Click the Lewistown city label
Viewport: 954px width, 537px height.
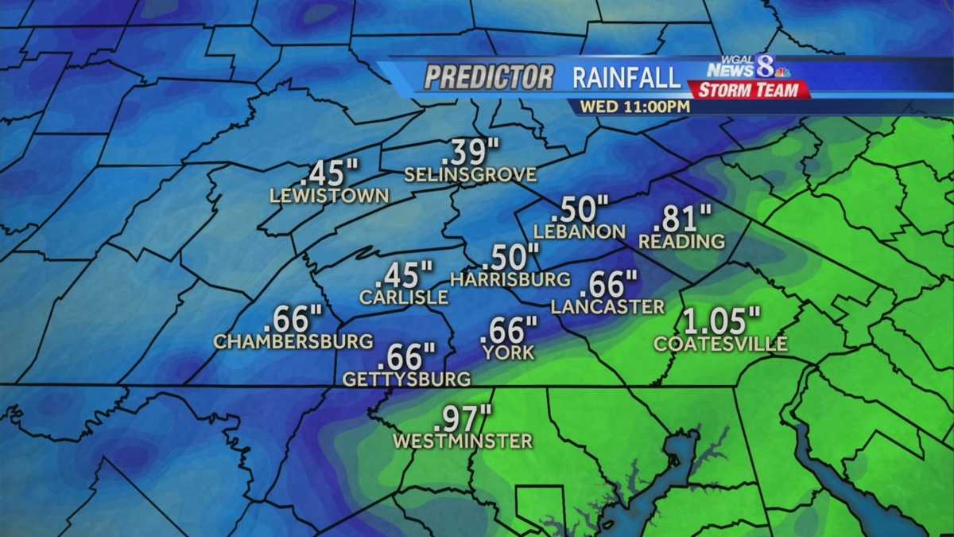[330, 196]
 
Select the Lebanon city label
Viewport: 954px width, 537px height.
[580, 232]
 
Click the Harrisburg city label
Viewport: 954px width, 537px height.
[510, 279]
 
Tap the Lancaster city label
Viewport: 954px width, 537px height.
[607, 306]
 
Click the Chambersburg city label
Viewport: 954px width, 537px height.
[293, 341]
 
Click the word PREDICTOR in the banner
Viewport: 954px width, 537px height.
[489, 77]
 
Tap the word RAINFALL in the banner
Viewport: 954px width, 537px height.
[626, 77]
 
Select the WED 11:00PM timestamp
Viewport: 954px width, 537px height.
[634, 106]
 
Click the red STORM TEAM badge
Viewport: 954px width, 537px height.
[750, 89]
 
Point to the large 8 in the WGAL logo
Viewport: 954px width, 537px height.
[765, 66]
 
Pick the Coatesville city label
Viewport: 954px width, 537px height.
[720, 344]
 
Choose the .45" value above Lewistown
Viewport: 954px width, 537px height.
[333, 172]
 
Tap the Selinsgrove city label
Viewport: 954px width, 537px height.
[471, 174]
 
